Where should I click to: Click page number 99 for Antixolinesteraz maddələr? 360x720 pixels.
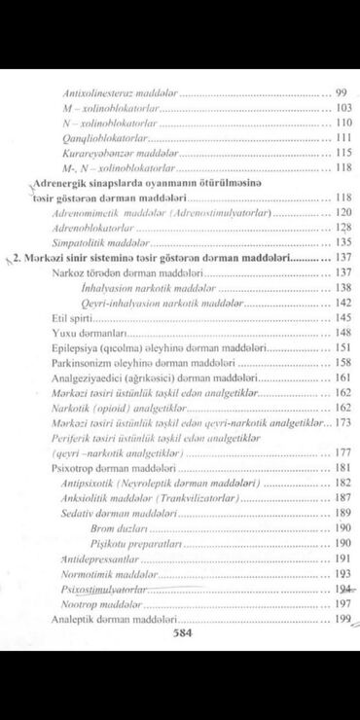(342, 92)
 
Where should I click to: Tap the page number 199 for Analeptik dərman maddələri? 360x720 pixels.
(341, 619)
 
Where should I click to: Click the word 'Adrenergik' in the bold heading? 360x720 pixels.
(62, 182)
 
